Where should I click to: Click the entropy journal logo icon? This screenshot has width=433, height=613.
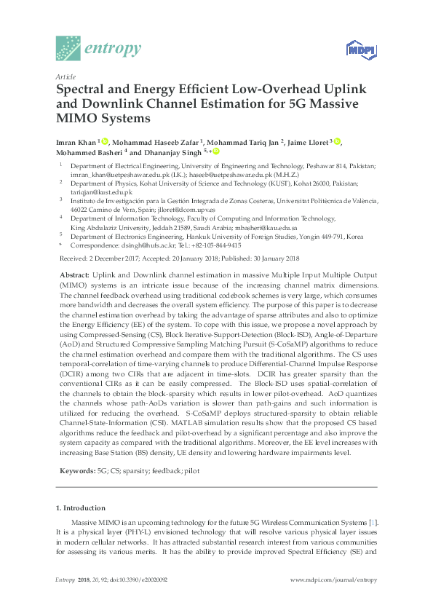click(x=68, y=48)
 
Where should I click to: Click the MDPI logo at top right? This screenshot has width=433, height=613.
click(x=359, y=50)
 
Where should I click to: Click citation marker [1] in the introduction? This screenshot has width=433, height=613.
click(x=373, y=522)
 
